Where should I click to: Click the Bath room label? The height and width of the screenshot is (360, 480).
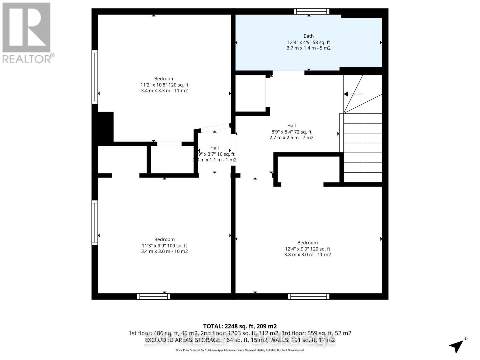[308, 36]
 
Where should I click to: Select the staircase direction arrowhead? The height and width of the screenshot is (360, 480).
[346, 94]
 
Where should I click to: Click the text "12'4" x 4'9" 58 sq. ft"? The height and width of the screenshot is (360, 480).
[308, 42]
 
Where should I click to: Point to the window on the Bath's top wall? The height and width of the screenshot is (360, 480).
[311, 12]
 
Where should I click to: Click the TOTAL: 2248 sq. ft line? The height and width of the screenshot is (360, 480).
[240, 326]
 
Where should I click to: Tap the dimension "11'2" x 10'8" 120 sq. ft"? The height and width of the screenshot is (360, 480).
[164, 85]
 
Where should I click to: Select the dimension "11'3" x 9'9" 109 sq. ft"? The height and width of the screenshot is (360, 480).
[164, 245]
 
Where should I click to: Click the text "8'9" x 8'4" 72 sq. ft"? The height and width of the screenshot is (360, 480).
[291, 132]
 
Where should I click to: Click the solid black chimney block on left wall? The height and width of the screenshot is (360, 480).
[103, 127]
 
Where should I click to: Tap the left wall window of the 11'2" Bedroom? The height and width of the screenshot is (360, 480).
[95, 77]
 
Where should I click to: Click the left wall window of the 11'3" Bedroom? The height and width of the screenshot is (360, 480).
[95, 222]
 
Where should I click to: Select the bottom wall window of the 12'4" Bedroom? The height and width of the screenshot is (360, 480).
[308, 296]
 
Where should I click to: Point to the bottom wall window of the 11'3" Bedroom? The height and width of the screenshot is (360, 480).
[154, 296]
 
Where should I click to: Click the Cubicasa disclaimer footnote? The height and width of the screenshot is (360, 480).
[240, 350]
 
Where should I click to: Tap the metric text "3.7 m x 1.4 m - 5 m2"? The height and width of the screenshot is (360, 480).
[308, 48]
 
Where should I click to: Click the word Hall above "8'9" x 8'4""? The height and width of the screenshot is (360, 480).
[291, 126]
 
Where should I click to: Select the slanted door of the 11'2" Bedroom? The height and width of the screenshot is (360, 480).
[215, 128]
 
